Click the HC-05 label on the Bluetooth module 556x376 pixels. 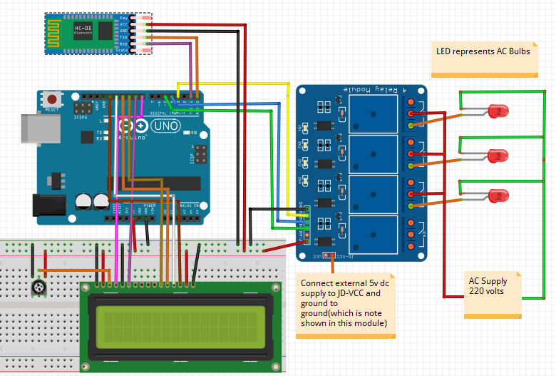point(83,29)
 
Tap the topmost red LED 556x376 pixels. point(499,111)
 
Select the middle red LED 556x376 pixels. point(498,155)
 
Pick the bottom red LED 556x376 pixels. point(498,195)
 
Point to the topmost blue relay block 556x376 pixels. point(374,113)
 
